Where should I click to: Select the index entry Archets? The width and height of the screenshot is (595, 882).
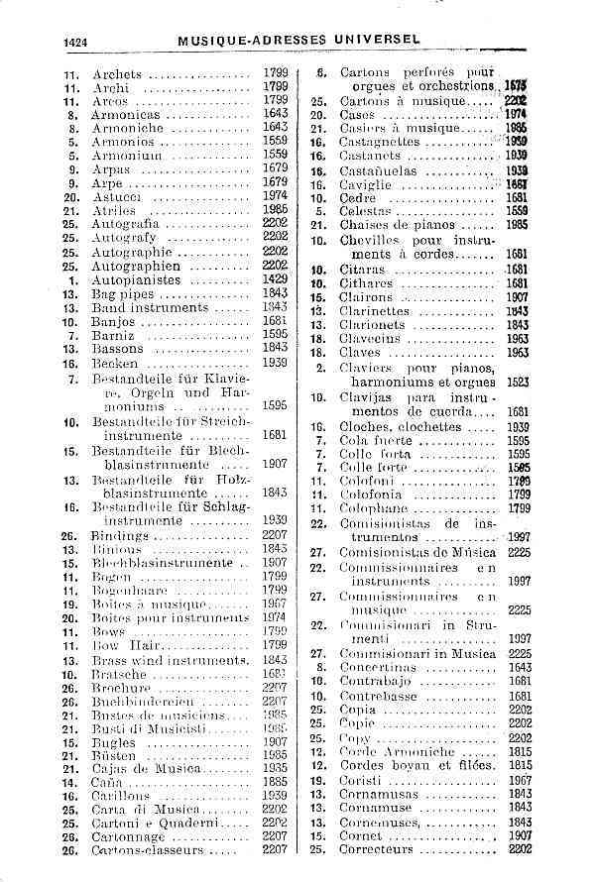tap(117, 73)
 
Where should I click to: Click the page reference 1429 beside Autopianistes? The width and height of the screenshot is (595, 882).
tap(276, 280)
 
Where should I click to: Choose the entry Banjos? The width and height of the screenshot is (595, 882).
tap(113, 322)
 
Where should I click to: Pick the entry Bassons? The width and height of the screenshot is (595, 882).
tap(118, 349)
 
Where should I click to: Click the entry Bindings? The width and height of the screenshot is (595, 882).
tap(121, 535)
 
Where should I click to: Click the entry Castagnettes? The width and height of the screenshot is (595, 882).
tap(388, 142)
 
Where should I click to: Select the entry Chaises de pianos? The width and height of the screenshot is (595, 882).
tap(399, 225)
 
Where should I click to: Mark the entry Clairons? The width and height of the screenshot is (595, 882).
tap(369, 297)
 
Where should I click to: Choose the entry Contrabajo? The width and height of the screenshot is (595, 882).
tap(377, 682)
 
